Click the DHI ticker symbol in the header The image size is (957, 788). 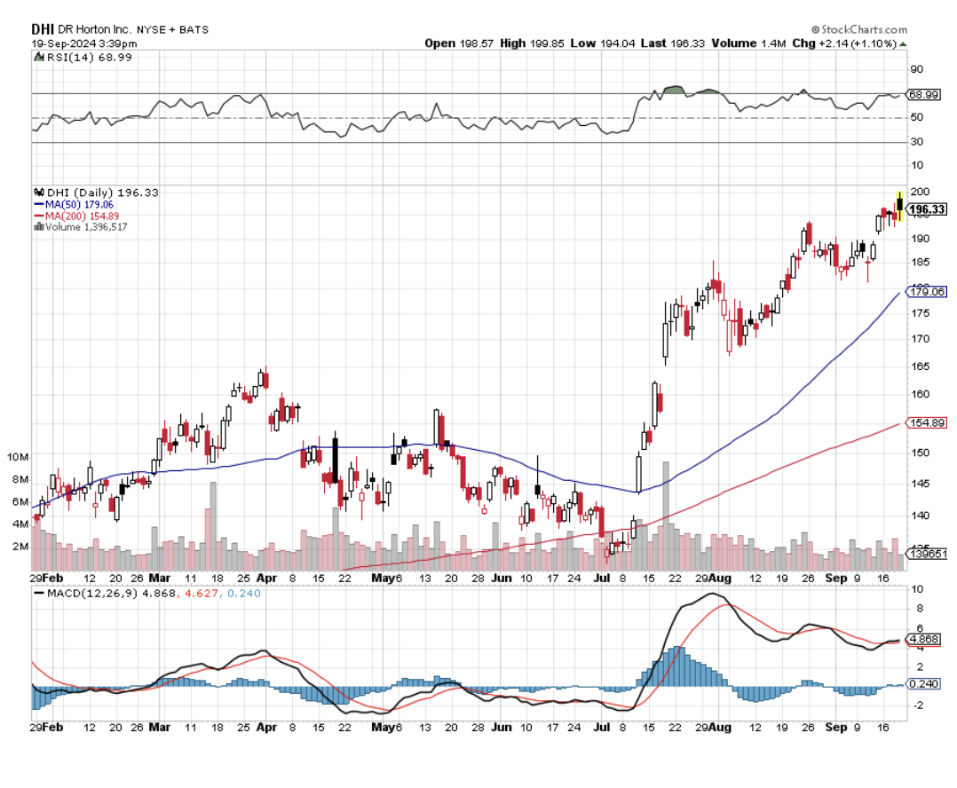43,29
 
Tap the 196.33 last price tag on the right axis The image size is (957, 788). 927,209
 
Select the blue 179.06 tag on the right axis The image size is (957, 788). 927,291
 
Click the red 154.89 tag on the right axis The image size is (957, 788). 927,422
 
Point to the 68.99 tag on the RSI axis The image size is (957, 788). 923,94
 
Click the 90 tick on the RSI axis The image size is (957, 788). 915,69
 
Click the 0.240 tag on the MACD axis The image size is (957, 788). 924,684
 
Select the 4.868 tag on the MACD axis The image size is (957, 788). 924,639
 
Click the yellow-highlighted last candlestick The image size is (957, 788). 899,206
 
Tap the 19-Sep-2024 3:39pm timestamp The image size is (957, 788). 85,43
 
